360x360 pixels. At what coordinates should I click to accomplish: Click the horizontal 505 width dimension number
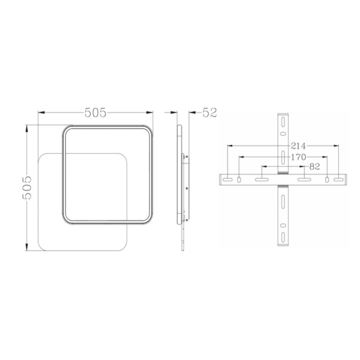pyautogui.click(x=95, y=112)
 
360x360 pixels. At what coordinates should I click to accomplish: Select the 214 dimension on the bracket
pyautogui.click(x=298, y=146)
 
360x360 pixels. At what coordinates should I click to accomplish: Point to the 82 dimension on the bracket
pyautogui.click(x=314, y=166)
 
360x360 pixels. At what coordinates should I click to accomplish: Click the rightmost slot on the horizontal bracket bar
pyautogui.click(x=338, y=180)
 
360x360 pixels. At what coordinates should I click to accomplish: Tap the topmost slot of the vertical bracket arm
pyautogui.click(x=283, y=121)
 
